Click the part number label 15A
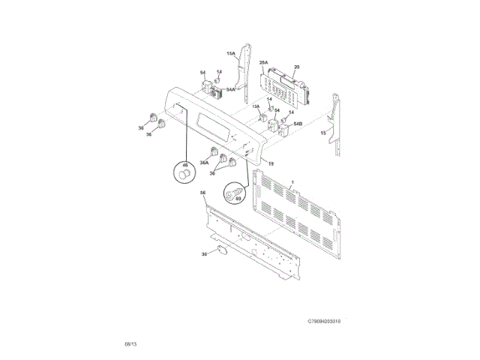[232, 54]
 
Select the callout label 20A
[263, 63]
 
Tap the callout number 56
[202, 193]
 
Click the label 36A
[204, 163]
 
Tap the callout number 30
[203, 253]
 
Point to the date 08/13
[130, 343]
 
